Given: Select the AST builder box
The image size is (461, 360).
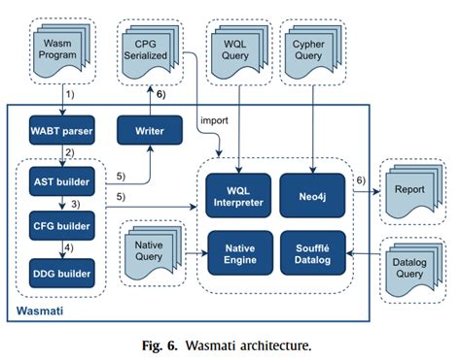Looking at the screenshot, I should point(63,180).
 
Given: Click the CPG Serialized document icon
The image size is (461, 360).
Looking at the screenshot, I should point(151,46).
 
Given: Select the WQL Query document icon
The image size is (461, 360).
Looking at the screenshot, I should point(238,46).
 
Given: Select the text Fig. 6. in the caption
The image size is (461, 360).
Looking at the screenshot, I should point(158,344).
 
